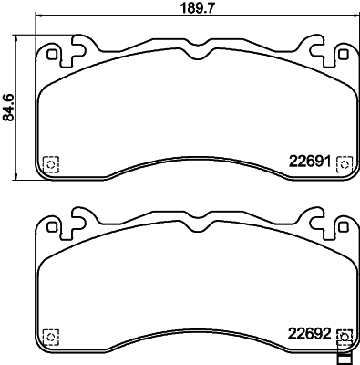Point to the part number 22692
[x=309, y=333]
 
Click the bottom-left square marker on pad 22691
[x=51, y=164]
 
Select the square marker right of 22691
[x=345, y=163]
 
